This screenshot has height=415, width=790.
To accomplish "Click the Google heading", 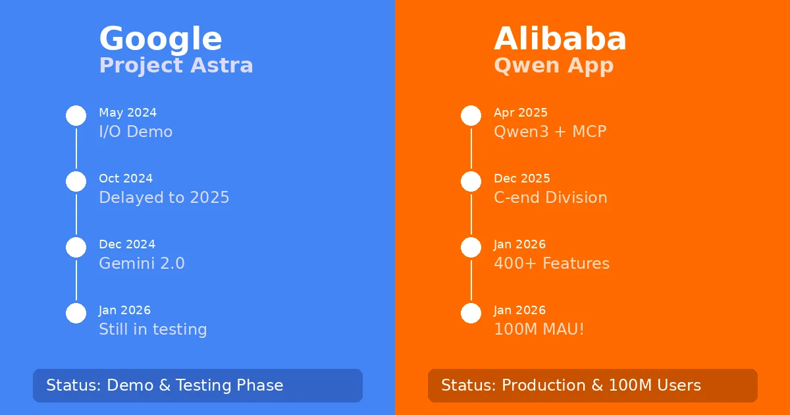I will pyautogui.click(x=160, y=39).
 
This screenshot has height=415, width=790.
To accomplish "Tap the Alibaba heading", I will pyautogui.click(x=560, y=39).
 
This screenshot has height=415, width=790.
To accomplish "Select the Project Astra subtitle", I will pyautogui.click(x=176, y=66).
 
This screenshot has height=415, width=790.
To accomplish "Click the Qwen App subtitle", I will pyautogui.click(x=553, y=66).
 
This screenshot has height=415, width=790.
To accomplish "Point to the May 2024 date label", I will pyautogui.click(x=128, y=113).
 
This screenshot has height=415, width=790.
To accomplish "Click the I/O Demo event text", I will pyautogui.click(x=136, y=132).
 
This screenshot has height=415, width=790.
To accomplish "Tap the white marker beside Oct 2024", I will pyautogui.click(x=76, y=181).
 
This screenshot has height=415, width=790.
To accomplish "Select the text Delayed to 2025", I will pyautogui.click(x=164, y=198).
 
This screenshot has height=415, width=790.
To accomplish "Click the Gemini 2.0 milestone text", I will pyautogui.click(x=142, y=263).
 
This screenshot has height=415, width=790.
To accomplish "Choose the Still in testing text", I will pyautogui.click(x=153, y=329).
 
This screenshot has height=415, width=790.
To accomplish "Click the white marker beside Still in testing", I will pyautogui.click(x=76, y=313).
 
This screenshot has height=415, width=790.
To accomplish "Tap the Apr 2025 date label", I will pyautogui.click(x=520, y=113).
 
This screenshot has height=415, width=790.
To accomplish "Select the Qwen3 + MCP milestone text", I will pyautogui.click(x=550, y=132).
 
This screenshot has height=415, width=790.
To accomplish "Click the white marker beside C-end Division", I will pyautogui.click(x=471, y=181).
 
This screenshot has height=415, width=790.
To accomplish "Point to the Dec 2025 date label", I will pyautogui.click(x=521, y=179).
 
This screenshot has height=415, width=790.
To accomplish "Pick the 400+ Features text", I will pyautogui.click(x=551, y=263).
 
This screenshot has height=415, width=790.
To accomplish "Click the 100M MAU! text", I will pyautogui.click(x=539, y=329).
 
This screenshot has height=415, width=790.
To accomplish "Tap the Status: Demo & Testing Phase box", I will pyautogui.click(x=197, y=385).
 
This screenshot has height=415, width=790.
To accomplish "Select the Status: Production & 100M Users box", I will pyautogui.click(x=592, y=385).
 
